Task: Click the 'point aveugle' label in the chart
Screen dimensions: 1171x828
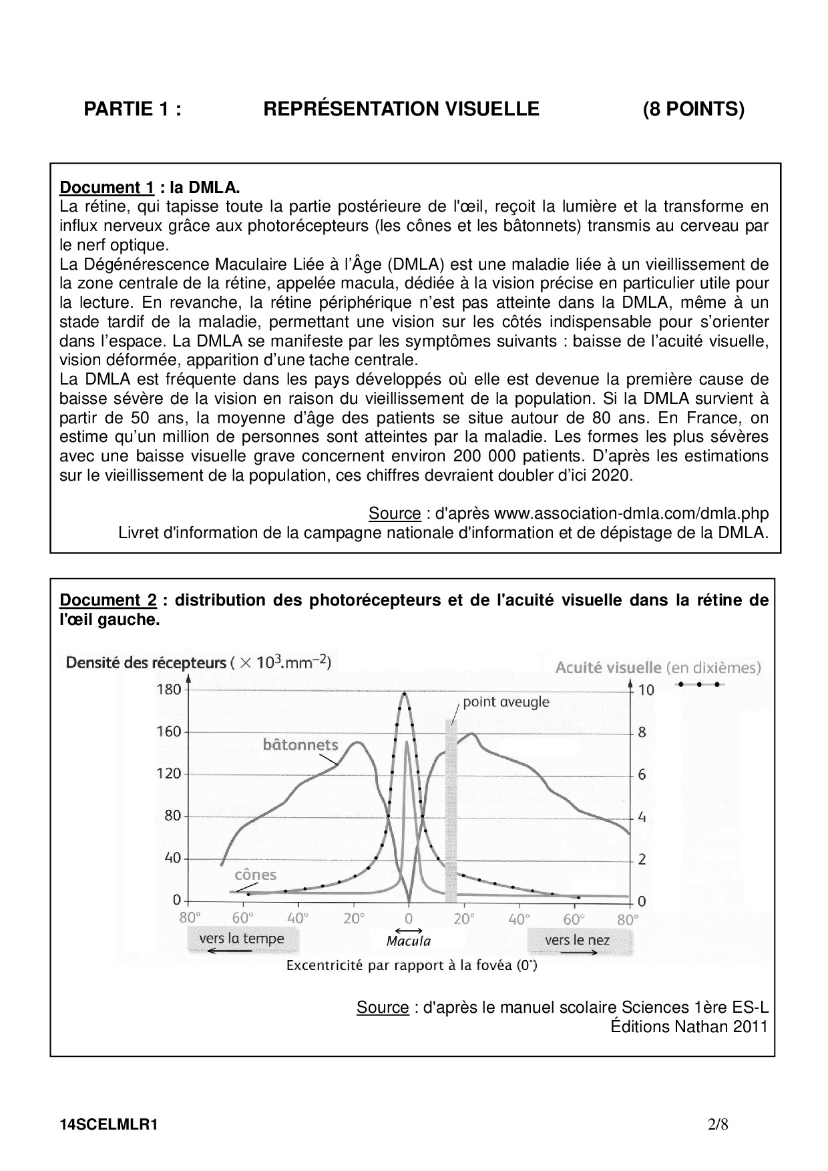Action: pyautogui.click(x=505, y=702)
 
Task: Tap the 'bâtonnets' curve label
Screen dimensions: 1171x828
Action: pyautogui.click(x=300, y=744)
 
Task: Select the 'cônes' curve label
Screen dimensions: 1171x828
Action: pyautogui.click(x=255, y=875)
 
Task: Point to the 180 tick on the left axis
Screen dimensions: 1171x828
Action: pyautogui.click(x=168, y=689)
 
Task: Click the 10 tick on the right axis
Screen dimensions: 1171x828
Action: pyautogui.click(x=646, y=690)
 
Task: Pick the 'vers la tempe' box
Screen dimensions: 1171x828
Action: pyautogui.click(x=242, y=939)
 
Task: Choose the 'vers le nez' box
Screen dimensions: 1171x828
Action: pyautogui.click(x=578, y=940)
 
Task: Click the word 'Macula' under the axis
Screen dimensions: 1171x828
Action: pyautogui.click(x=408, y=941)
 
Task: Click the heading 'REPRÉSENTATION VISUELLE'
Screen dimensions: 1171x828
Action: pyautogui.click(x=401, y=109)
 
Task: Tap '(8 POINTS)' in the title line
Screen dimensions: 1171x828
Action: pyautogui.click(x=693, y=109)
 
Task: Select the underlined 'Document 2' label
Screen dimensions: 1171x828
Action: pyautogui.click(x=108, y=600)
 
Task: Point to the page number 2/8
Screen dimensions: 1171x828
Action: pyautogui.click(x=718, y=1124)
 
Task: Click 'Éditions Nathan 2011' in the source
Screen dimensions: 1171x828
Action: pyautogui.click(x=689, y=1026)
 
